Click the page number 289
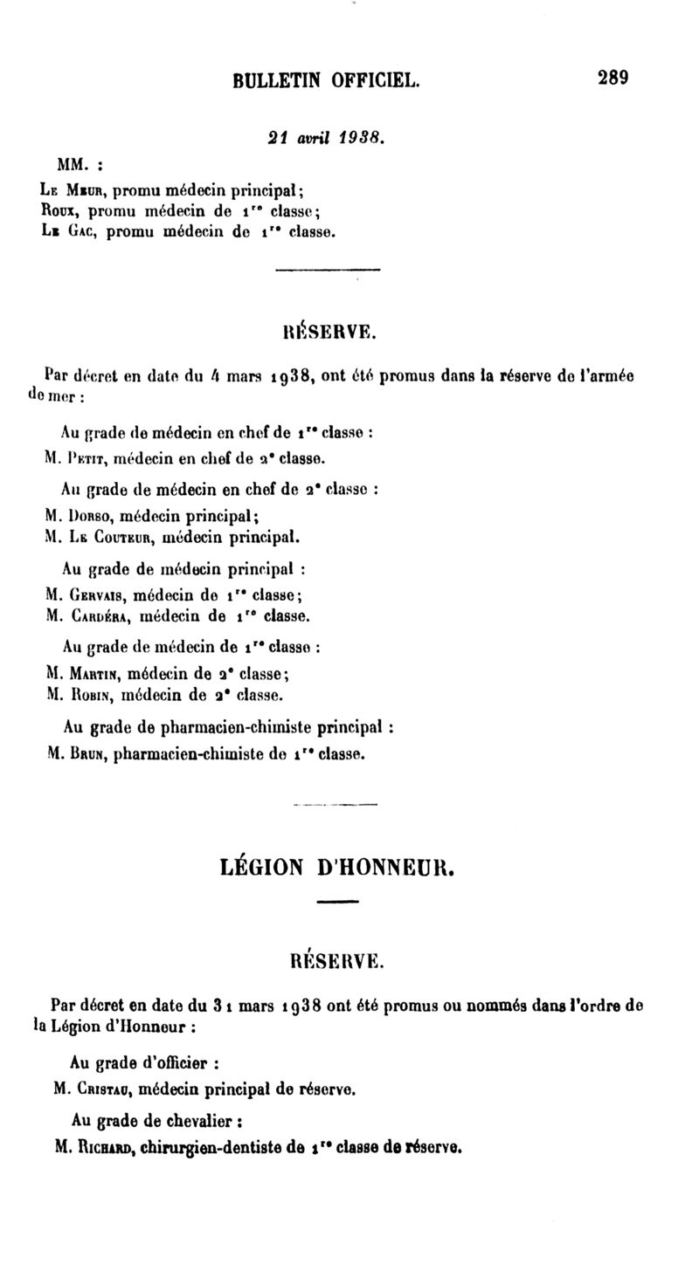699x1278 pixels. [613, 78]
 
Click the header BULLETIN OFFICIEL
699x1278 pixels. [327, 81]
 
